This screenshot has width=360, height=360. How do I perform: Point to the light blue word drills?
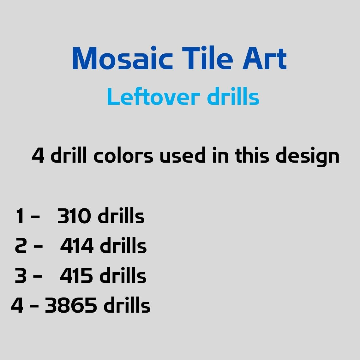233,97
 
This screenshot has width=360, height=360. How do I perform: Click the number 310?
74,217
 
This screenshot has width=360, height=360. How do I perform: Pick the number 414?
77,246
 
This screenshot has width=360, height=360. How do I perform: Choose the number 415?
76,276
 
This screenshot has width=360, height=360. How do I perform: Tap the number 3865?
71,305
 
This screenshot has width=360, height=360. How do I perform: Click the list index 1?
20,217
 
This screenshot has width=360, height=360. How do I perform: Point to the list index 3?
21,276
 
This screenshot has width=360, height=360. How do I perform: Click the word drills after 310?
121,216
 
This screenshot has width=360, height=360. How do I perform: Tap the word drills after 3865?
127,305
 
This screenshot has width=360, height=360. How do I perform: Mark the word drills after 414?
123,246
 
